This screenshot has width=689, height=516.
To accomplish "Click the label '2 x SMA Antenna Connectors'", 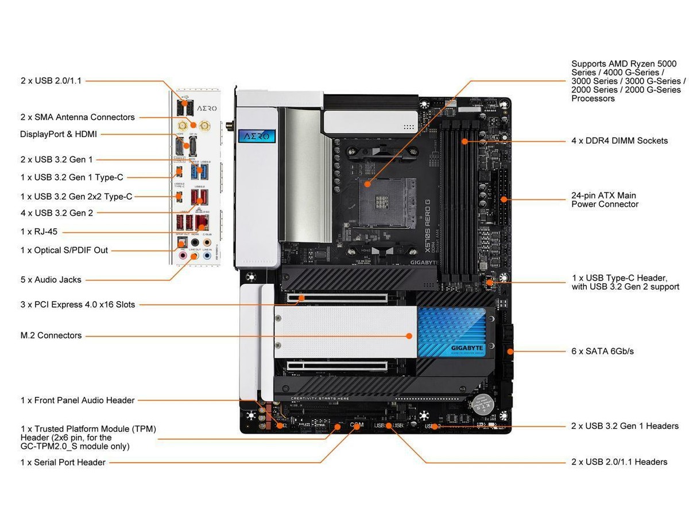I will (x=78, y=117).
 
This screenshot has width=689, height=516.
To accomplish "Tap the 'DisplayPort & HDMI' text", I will (x=59, y=134).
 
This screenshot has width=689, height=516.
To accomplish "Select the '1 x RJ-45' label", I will (x=39, y=232).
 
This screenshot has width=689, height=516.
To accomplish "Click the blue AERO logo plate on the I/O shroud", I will (x=257, y=137).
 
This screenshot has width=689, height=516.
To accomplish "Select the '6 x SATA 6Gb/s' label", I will (x=602, y=351).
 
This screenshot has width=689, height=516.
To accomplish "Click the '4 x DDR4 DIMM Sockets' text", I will (x=620, y=140).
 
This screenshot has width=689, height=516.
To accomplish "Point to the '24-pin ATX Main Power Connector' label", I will (x=604, y=200).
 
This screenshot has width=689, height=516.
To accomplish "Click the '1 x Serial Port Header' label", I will (x=63, y=462).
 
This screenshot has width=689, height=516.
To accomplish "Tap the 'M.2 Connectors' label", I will (x=51, y=335).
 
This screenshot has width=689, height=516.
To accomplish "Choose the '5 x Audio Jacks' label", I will (x=51, y=280).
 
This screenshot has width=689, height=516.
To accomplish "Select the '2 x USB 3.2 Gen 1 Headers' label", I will (x=625, y=426).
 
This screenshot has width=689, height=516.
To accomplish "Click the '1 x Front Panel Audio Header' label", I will (x=78, y=400).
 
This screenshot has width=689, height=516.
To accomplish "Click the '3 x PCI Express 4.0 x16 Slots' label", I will (x=78, y=304).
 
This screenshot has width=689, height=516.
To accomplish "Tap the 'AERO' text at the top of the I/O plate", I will (x=207, y=108).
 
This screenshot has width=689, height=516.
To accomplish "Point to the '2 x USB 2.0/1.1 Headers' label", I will (x=620, y=462).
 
